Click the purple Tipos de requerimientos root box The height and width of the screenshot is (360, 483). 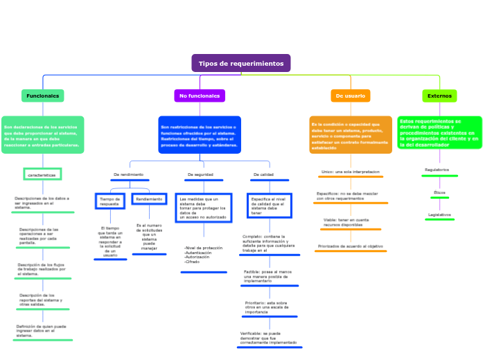tap(241, 63)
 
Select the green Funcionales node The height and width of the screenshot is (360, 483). tap(43, 96)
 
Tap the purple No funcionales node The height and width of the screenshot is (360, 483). tap(200, 96)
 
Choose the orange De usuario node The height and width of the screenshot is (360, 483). tap(350, 96)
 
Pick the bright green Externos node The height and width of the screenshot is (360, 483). tap(439, 96)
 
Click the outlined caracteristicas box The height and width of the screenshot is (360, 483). tap(42, 174)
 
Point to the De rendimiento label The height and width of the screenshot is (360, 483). tap(129, 174)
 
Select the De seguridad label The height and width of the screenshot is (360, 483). tap(200, 174)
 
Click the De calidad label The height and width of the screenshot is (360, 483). tap(263, 174)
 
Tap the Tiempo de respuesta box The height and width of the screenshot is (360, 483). tap(109, 201)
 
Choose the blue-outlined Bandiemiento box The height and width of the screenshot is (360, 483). tap(149, 199)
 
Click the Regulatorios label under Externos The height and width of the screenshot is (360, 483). tap(437, 170)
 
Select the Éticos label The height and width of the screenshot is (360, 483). tap(439, 192)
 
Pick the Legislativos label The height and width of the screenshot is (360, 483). tap(439, 215)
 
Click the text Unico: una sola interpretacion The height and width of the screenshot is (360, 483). tap(351, 171)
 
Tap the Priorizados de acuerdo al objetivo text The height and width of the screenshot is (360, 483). tap(351, 246)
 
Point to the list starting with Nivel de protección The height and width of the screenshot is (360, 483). tap(204, 255)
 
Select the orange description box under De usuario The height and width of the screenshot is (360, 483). tap(350, 134)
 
